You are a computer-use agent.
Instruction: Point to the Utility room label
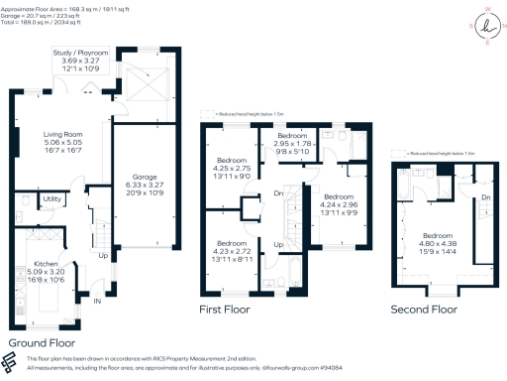pyautogui.click(x=52, y=199)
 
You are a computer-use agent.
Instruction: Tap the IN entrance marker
pyautogui.click(x=96, y=301)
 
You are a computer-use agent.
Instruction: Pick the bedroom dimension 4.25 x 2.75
pyautogui.click(x=234, y=169)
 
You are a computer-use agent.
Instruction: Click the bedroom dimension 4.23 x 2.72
pyautogui.click(x=233, y=250)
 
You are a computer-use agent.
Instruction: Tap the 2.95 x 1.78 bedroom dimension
pyautogui.click(x=293, y=143)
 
